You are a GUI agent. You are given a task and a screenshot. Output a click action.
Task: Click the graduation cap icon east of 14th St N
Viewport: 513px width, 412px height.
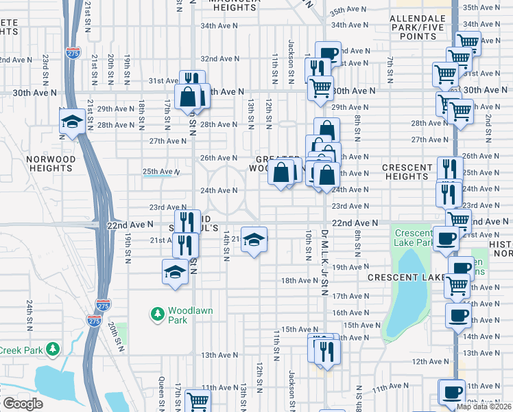[254, 239]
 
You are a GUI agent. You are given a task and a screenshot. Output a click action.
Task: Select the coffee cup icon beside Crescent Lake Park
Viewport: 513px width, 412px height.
[446, 238]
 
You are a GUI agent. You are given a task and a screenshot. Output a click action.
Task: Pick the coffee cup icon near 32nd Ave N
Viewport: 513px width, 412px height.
[328, 53]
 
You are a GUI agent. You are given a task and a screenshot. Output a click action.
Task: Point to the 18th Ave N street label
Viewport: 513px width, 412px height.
[298, 280]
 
